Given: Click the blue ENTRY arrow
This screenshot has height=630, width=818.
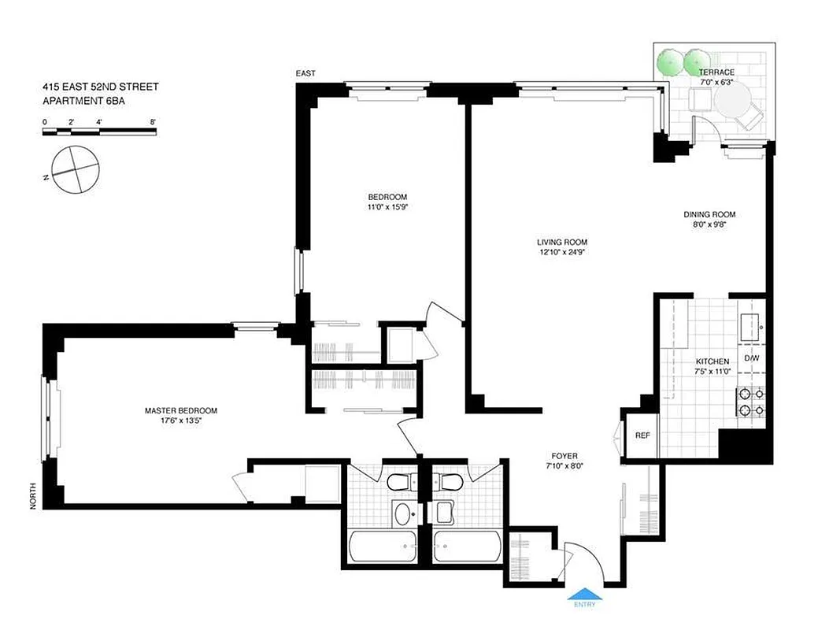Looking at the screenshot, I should click(583, 595).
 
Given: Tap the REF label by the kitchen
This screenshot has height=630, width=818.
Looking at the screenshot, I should click(642, 434).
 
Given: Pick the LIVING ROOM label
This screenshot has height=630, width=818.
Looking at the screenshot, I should click(562, 243).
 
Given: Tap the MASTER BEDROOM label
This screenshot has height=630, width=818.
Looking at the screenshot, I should click(180, 410).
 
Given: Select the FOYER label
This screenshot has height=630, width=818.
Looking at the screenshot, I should click(564, 456).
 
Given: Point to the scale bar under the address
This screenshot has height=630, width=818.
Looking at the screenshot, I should click(99, 132).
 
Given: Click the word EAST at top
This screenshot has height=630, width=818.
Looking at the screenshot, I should click(305, 73).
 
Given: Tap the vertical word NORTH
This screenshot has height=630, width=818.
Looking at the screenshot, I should click(33, 495).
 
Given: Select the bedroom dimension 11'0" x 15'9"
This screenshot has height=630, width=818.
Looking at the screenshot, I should click(387, 208).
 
